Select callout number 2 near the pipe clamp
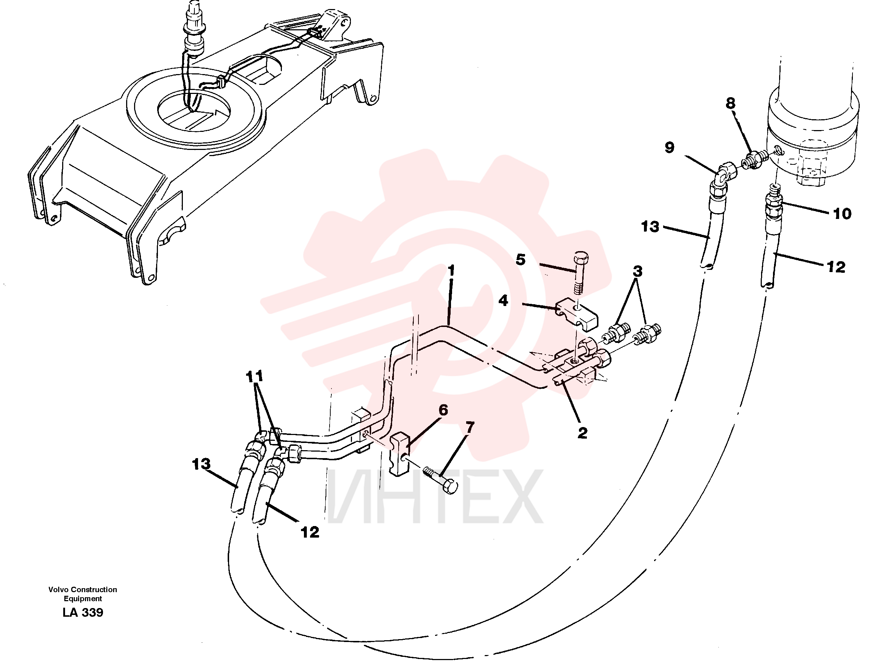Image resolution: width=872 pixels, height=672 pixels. (582, 433)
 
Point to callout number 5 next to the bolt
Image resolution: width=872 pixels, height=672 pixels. (521, 259)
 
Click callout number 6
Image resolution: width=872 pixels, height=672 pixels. (443, 410)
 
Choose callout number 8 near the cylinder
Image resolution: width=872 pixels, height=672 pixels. (730, 103)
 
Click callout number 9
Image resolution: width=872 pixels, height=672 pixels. (670, 147)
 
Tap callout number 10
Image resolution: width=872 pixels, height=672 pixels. (842, 214)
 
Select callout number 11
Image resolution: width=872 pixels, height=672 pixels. (255, 376)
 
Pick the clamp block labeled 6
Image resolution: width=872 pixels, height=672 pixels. (399, 454)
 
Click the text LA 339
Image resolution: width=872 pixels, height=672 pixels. (83, 612)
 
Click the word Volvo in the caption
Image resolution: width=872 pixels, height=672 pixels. (58, 589)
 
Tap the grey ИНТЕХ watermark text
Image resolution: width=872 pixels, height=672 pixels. (435, 497)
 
